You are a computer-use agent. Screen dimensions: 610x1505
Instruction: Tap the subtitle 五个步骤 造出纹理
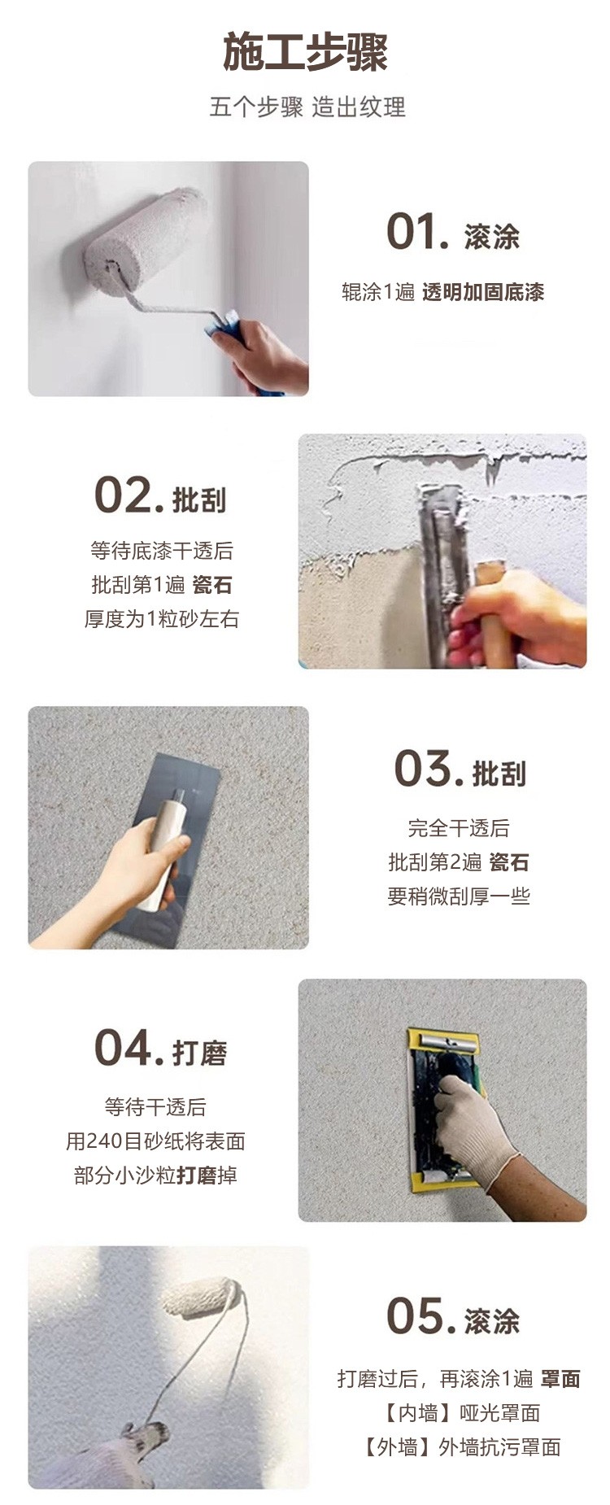[x=307, y=107]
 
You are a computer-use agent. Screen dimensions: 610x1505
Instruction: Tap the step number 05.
[x=421, y=1315]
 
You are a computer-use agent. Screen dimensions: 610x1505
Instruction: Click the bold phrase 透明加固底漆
[x=483, y=292]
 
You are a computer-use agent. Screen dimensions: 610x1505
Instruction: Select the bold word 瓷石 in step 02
[x=212, y=584]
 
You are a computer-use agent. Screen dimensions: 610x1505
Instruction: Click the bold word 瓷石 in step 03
[x=510, y=862]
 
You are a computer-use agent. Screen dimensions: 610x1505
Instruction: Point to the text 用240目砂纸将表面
[x=155, y=1141]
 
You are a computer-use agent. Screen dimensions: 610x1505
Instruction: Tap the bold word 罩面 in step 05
[x=560, y=1378]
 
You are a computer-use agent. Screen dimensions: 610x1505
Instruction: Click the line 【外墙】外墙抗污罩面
[x=460, y=1447]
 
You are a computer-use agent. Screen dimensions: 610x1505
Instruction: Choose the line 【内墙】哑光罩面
[x=460, y=1413]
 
